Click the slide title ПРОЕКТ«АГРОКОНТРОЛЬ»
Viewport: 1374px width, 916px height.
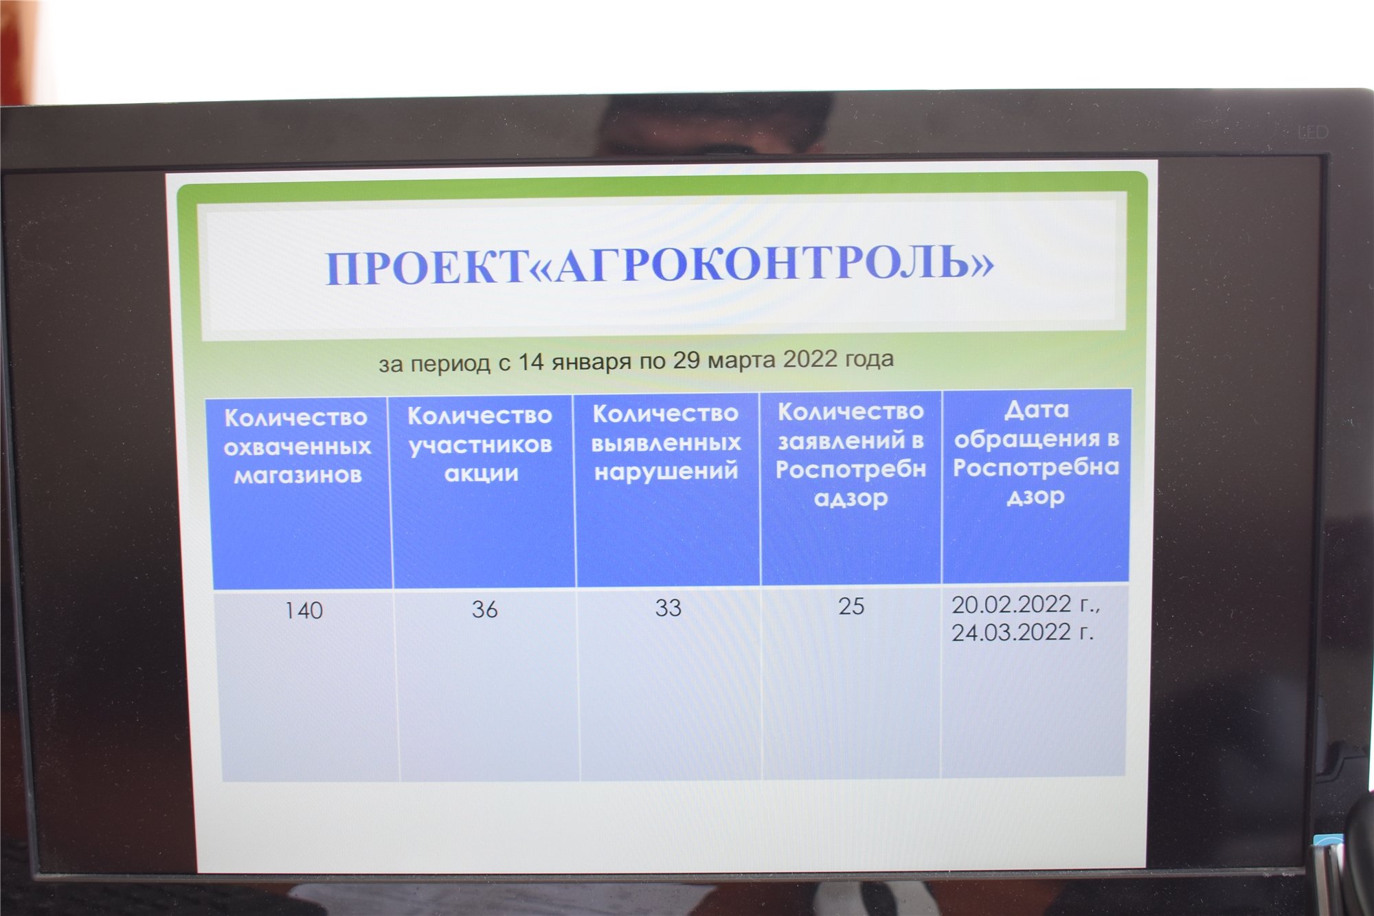[660, 265]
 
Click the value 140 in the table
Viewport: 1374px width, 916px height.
[304, 610]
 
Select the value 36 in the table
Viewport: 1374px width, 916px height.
[484, 609]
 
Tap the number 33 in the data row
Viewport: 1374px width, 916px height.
[668, 607]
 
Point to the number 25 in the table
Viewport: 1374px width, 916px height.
[851, 606]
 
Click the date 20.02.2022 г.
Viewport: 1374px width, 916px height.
[1026, 605]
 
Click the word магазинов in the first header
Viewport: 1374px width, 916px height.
[297, 475]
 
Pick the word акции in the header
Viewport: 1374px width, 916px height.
[481, 473]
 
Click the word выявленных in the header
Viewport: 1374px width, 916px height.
[666, 443]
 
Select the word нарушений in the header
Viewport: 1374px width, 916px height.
[666, 472]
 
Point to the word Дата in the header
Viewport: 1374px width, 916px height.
[1036, 410]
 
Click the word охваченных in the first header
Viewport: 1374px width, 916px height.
[297, 447]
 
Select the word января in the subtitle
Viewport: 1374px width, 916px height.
[592, 362]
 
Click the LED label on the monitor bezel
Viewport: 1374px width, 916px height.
[1312, 132]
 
